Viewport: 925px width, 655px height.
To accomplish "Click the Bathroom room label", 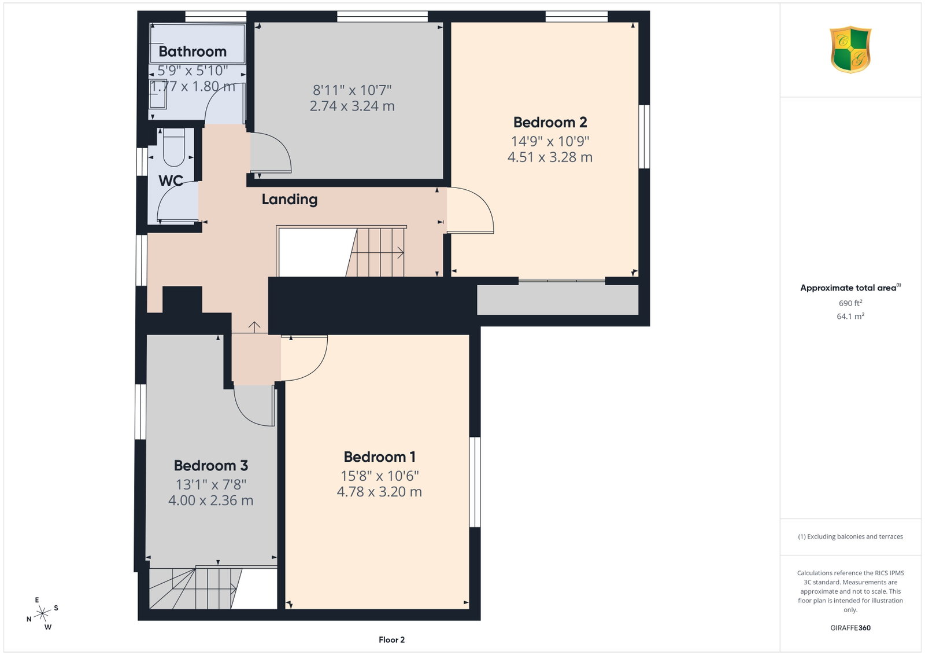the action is (193, 51).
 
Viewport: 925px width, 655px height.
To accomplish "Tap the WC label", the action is (171, 181).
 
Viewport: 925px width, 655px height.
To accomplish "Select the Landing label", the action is (290, 200).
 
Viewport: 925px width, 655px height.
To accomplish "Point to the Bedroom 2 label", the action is (550, 122).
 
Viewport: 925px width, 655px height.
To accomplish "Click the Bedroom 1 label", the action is (379, 457).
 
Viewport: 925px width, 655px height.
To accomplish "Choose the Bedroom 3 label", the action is (210, 466).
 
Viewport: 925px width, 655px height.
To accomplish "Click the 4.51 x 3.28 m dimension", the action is (550, 157).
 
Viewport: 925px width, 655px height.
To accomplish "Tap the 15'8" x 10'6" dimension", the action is (379, 476).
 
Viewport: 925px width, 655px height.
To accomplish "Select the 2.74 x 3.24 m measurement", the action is (352, 106).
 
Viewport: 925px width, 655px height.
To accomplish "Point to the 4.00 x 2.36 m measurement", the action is (210, 501).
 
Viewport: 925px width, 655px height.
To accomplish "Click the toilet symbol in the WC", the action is (173, 148).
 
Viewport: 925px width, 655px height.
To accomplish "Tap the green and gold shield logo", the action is (850, 50).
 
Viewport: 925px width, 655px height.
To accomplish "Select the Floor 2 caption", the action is (391, 640).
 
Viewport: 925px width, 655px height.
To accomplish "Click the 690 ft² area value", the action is (850, 303).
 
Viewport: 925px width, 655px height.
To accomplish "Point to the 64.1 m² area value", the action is (850, 316).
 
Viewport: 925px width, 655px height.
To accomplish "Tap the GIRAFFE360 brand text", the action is (850, 628).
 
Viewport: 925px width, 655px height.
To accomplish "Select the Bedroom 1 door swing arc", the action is (318, 363).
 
